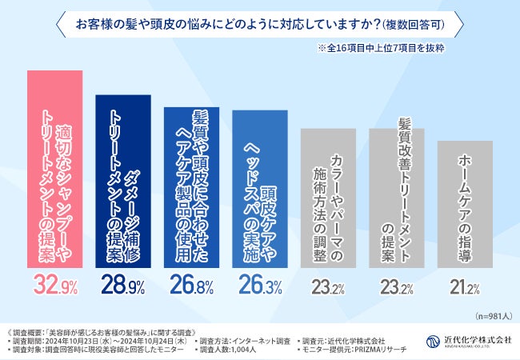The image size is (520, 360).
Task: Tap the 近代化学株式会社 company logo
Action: (468, 339)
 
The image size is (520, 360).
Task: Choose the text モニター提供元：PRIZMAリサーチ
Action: (353, 350)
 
